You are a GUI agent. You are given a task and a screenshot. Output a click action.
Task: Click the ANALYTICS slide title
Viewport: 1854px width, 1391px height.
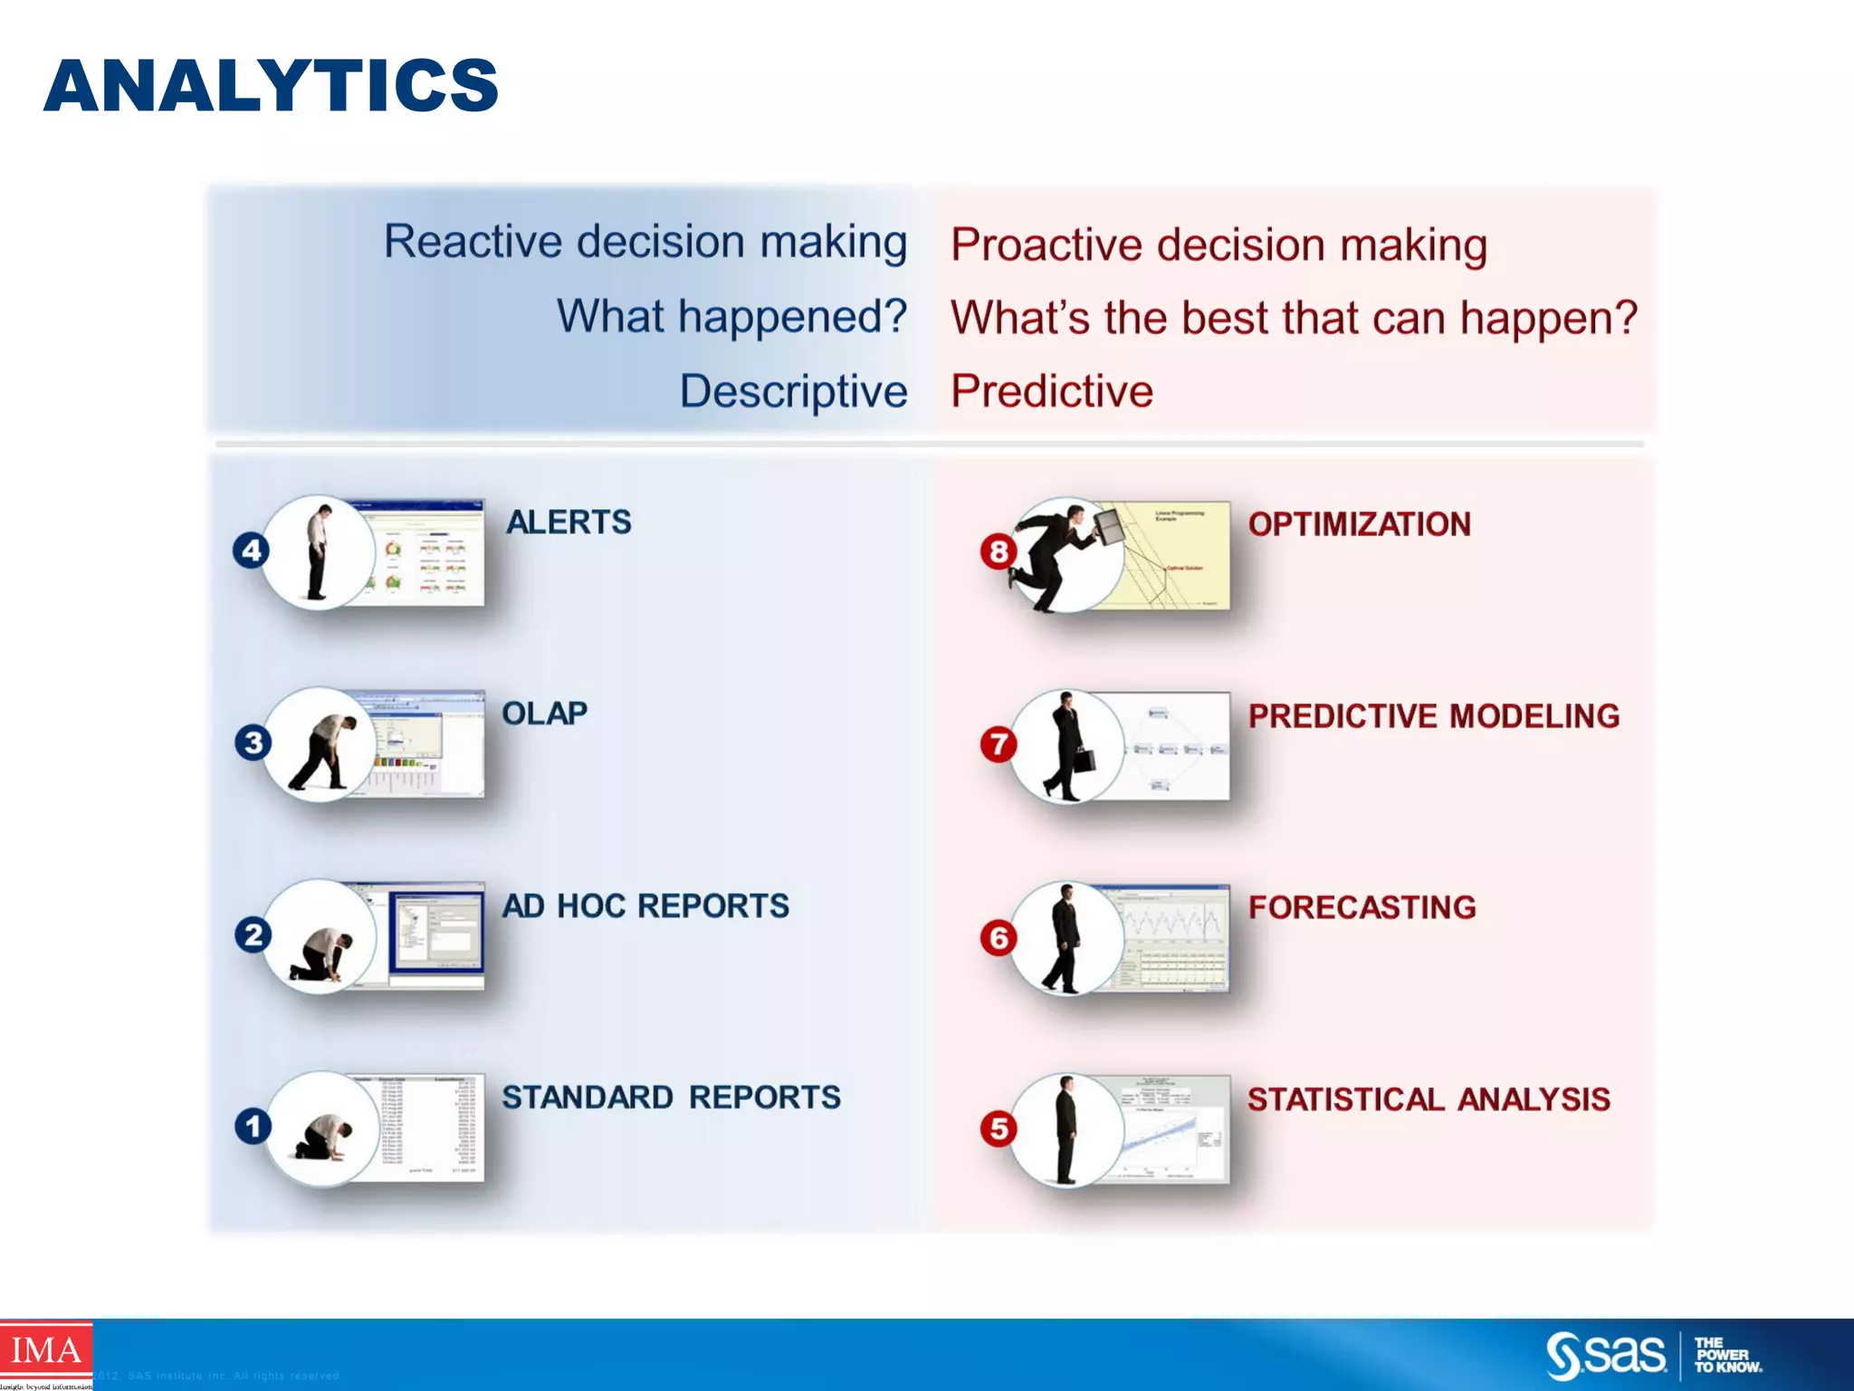271,85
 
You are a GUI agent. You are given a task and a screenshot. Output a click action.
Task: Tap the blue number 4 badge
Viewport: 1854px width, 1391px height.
252,551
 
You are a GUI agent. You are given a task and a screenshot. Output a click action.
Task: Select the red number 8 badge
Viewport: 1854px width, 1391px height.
999,552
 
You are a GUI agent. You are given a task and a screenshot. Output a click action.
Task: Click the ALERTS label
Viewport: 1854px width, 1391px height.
569,523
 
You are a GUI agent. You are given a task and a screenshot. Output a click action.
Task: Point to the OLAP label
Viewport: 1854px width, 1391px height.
544,714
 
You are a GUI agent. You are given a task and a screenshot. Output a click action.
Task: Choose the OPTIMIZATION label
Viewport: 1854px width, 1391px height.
1359,524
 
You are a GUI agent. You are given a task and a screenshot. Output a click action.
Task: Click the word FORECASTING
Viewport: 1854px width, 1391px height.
1362,907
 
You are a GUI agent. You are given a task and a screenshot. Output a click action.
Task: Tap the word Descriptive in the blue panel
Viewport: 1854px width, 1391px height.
793,391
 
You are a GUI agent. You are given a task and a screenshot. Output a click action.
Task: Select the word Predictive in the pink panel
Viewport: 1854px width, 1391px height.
1052,391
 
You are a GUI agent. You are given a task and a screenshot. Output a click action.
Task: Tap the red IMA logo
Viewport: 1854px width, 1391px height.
45,1350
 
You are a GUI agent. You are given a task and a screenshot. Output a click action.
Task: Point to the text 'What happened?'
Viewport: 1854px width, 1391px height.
731,316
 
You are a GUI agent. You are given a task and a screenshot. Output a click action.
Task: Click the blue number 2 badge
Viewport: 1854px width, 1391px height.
253,935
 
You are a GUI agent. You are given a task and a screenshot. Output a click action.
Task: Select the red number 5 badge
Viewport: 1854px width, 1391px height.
999,1128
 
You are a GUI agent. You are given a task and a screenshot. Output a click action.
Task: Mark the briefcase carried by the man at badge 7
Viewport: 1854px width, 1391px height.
1085,759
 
